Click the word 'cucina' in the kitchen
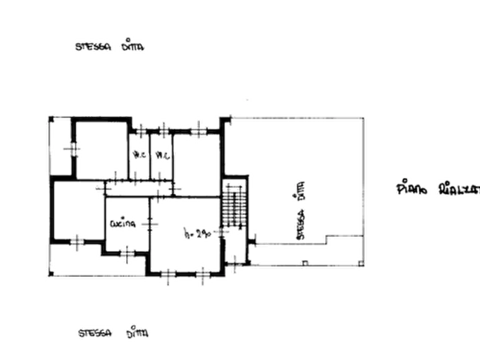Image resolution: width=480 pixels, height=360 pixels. pos(123,222)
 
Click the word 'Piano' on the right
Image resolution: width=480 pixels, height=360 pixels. pos(413,189)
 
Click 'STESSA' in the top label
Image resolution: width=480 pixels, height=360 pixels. pos(92,47)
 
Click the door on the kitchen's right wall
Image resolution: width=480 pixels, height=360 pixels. pos(151,222)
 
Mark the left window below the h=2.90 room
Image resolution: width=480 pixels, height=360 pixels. pos(169,275)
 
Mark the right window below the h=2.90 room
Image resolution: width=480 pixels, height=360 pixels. pos(203,275)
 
